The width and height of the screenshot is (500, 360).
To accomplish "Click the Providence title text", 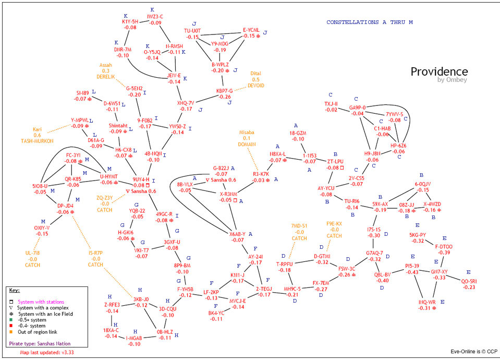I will (x=439, y=71).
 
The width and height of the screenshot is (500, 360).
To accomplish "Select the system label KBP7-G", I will (x=225, y=91).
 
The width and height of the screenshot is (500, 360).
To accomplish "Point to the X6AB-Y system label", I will (x=237, y=234).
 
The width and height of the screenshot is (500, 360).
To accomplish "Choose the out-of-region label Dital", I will (x=255, y=74).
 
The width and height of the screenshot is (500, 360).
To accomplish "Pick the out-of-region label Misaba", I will (x=247, y=133).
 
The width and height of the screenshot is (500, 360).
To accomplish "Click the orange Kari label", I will (x=37, y=129).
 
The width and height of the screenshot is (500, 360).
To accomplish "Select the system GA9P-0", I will (x=357, y=107).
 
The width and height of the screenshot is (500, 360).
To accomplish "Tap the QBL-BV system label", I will (x=382, y=274).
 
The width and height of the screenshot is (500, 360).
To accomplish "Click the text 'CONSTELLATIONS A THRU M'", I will (x=369, y=22).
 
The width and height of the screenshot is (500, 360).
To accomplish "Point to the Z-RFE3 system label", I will (x=112, y=305).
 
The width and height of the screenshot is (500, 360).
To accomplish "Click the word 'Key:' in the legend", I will (x=15, y=290).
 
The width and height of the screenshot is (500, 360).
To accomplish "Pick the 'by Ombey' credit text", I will (x=452, y=80).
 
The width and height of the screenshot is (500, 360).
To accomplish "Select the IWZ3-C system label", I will (x=155, y=17).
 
